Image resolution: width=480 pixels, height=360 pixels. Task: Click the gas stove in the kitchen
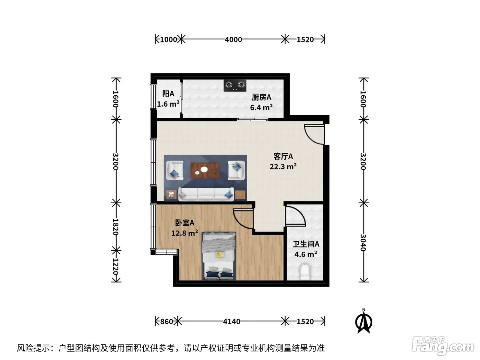235,85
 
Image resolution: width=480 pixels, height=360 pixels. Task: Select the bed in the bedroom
219,256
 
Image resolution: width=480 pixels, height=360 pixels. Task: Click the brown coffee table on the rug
205,170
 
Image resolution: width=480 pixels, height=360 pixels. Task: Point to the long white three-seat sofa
206,194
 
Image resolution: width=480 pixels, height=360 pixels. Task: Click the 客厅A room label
283,156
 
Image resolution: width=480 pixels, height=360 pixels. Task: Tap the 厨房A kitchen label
261,97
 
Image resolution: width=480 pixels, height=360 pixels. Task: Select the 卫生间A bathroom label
306,244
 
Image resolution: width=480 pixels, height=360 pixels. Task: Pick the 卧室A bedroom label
185,223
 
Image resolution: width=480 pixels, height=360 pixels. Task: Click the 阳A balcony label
168,94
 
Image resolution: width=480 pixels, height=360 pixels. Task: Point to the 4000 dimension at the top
233,39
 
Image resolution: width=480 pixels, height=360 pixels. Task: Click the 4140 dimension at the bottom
231,322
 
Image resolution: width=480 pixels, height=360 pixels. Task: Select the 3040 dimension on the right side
363,243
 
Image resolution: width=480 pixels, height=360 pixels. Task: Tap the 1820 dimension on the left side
116,227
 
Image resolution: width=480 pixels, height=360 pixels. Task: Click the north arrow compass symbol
364,321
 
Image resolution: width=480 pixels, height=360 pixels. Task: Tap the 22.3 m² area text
283,167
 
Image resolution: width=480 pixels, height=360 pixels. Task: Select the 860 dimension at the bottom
167,322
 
